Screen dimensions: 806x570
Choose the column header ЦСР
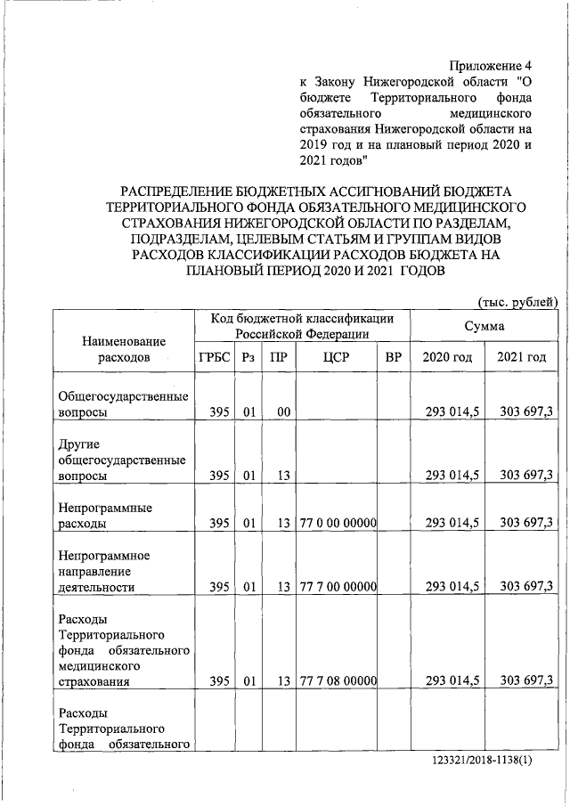tap(335, 357)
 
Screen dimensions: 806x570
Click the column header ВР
tap(393, 357)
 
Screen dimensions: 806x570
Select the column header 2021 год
tap(521, 357)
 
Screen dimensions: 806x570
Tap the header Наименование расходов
tap(124, 349)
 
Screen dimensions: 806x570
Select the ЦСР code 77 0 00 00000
tap(335, 523)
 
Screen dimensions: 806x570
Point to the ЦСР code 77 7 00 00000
tap(335, 585)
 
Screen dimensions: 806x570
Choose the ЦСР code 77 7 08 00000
tap(335, 680)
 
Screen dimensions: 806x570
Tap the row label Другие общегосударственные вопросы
tap(121, 460)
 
